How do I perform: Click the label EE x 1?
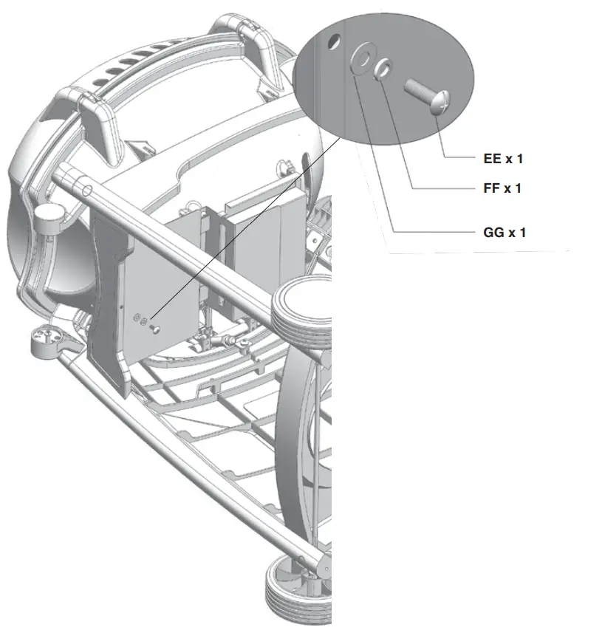point(504,158)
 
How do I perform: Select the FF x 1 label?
point(502,188)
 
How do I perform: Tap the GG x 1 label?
point(504,233)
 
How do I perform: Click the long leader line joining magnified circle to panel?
point(244,229)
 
